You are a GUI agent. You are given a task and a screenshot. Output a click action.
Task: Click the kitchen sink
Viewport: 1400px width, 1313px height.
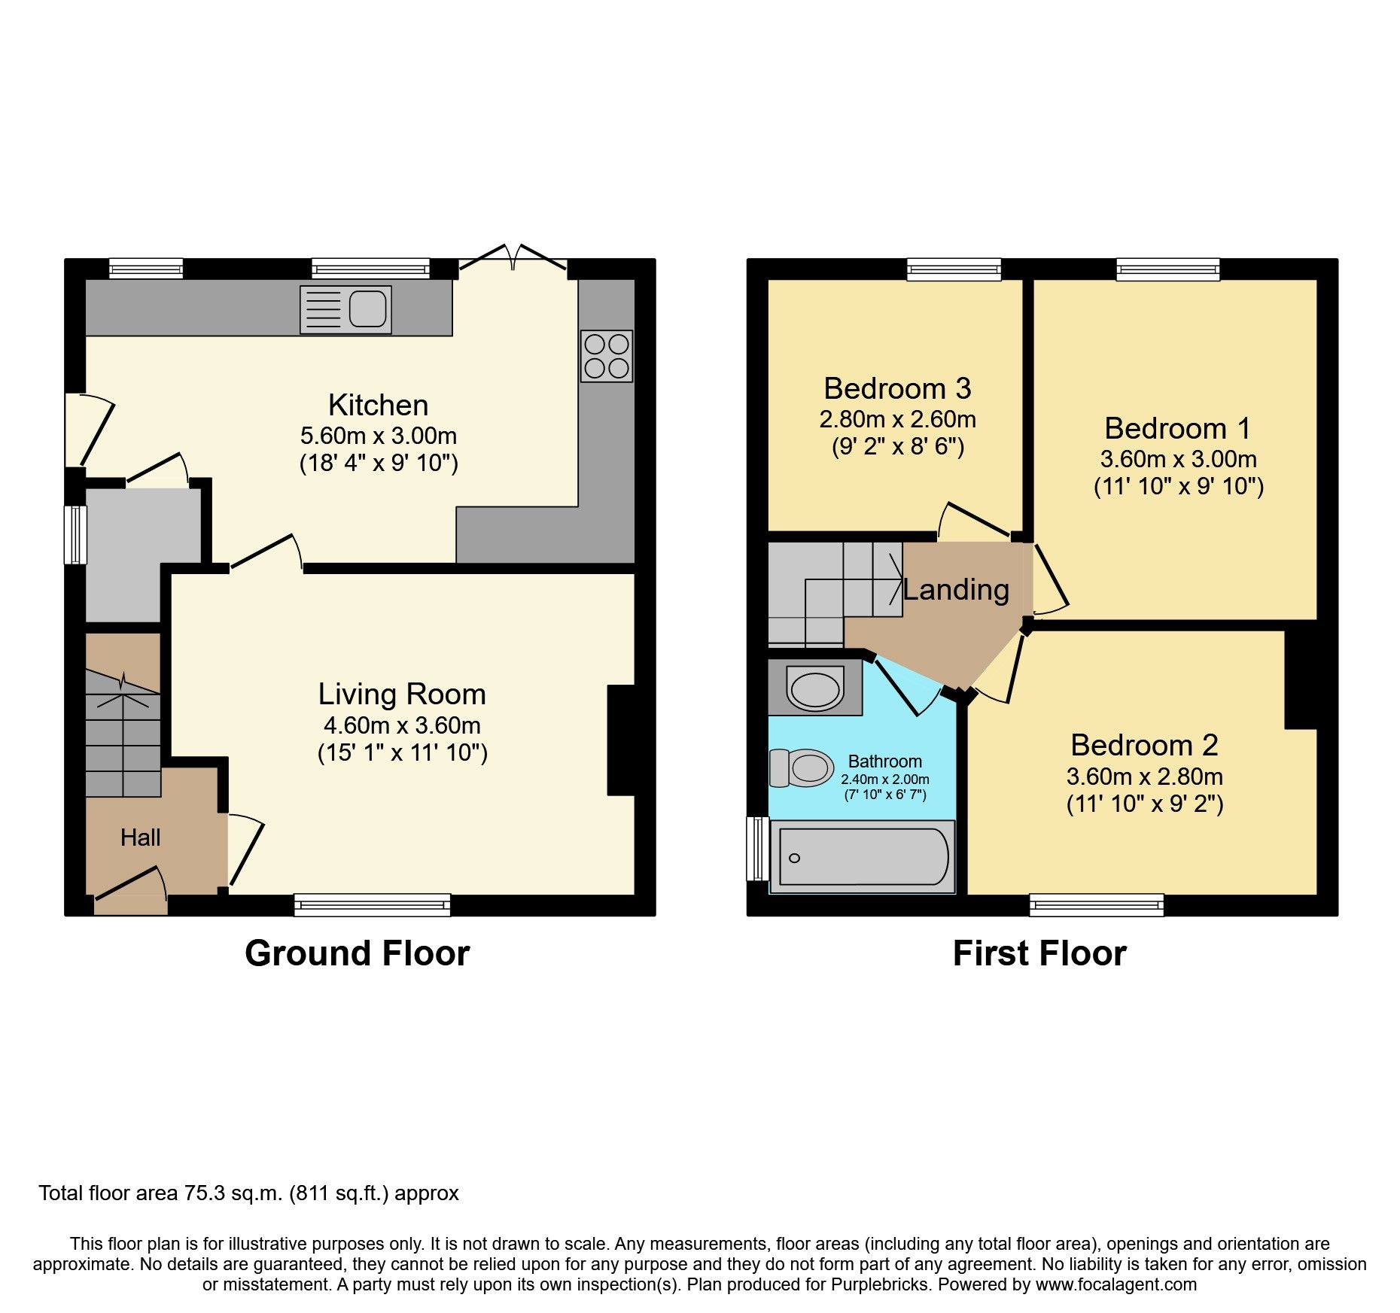point(345,309)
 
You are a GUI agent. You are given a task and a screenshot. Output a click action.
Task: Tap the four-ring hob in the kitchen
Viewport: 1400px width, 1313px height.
point(606,356)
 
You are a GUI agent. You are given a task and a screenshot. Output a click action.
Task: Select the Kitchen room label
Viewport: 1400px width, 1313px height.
point(378,406)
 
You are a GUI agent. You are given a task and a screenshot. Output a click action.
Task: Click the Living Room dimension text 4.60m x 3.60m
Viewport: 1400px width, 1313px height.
point(402,725)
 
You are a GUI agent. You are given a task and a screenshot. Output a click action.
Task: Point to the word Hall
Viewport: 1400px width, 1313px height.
point(141,837)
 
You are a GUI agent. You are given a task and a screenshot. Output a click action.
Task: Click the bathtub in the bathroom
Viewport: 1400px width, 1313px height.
point(863,857)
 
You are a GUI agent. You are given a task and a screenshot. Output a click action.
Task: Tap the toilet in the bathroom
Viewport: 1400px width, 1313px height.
point(802,767)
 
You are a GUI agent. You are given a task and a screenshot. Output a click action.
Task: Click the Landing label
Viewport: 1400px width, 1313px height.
point(956,590)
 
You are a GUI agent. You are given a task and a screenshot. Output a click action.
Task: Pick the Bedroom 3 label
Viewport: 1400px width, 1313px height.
point(897,389)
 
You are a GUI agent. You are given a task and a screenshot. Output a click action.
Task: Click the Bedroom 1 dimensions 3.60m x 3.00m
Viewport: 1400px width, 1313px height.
point(1178,459)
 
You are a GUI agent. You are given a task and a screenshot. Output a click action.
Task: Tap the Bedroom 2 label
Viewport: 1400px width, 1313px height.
point(1144,746)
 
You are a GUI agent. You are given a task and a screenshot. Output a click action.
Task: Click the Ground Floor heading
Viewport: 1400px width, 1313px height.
point(357,953)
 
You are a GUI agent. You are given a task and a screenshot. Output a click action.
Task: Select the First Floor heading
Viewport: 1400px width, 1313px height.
point(1039,953)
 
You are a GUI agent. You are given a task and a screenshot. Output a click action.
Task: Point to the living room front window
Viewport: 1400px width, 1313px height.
point(372,904)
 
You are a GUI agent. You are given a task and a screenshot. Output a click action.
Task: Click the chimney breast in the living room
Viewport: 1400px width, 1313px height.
point(622,740)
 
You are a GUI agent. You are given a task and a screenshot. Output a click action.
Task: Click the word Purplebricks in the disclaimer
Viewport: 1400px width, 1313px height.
point(881,1284)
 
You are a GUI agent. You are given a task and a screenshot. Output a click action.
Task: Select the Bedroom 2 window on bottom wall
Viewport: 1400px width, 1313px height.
point(1097,904)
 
